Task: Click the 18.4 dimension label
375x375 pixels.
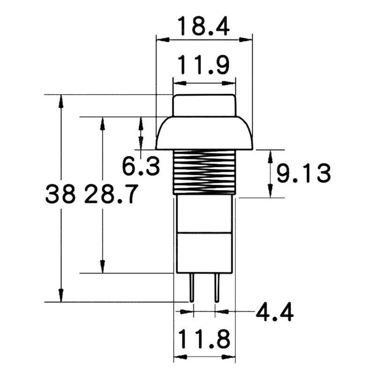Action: tap(204, 26)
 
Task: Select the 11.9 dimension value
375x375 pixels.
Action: tap(204, 65)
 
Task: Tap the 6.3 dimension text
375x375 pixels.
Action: tap(141, 166)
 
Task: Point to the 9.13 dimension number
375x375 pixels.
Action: tap(304, 173)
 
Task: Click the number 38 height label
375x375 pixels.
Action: tap(60, 194)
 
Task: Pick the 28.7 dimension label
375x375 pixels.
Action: tap(111, 194)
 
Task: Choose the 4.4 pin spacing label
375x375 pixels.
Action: tap(275, 312)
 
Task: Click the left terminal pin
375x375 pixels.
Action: tap(192, 287)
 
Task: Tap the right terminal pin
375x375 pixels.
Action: tap(217, 287)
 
